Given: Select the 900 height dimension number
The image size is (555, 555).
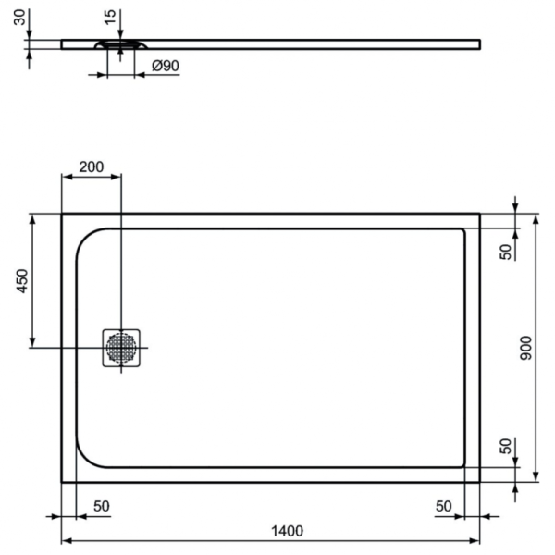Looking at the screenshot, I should tap(525, 348).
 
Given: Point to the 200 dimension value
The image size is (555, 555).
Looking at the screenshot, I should tap(91, 166).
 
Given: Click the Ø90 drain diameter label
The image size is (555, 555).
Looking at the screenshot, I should tap(164, 66).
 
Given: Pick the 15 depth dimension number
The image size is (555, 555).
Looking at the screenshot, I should tap(110, 17).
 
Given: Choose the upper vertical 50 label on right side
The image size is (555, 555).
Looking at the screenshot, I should tap(506, 252).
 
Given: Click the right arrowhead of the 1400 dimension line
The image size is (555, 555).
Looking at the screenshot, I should tap(475, 540).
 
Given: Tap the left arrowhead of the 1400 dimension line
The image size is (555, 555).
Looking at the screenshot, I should tap(66, 540).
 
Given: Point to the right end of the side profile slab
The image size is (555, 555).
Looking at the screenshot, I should tap(478, 43).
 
